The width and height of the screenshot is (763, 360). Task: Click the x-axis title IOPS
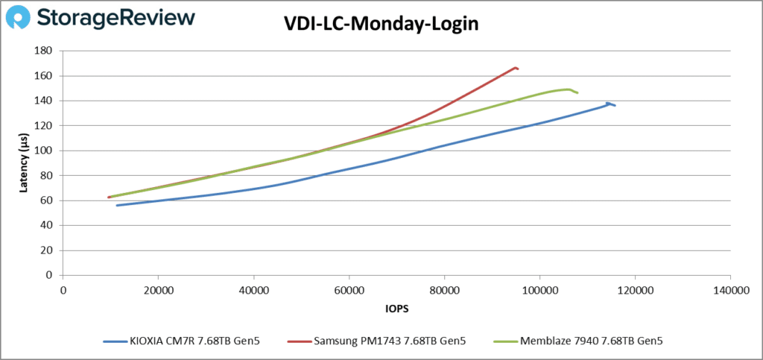pyautogui.click(x=396, y=307)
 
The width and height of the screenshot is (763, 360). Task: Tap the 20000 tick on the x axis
pyautogui.click(x=158, y=288)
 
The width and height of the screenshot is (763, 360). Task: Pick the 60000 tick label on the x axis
pyautogui.click(x=349, y=288)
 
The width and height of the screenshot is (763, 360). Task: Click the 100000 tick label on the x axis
pyautogui.click(x=539, y=288)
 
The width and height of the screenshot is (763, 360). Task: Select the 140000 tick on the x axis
pyautogui.click(x=729, y=288)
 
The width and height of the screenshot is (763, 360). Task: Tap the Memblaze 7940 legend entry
pyautogui.click(x=578, y=341)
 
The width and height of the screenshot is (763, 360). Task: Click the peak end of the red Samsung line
pyautogui.click(x=516, y=68)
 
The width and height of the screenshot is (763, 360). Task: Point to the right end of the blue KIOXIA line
pyautogui.click(x=615, y=105)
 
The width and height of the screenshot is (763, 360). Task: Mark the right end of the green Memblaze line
pyautogui.click(x=577, y=92)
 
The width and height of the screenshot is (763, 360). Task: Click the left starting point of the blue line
pyautogui.click(x=117, y=205)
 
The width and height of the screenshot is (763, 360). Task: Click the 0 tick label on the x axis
pyautogui.click(x=63, y=288)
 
